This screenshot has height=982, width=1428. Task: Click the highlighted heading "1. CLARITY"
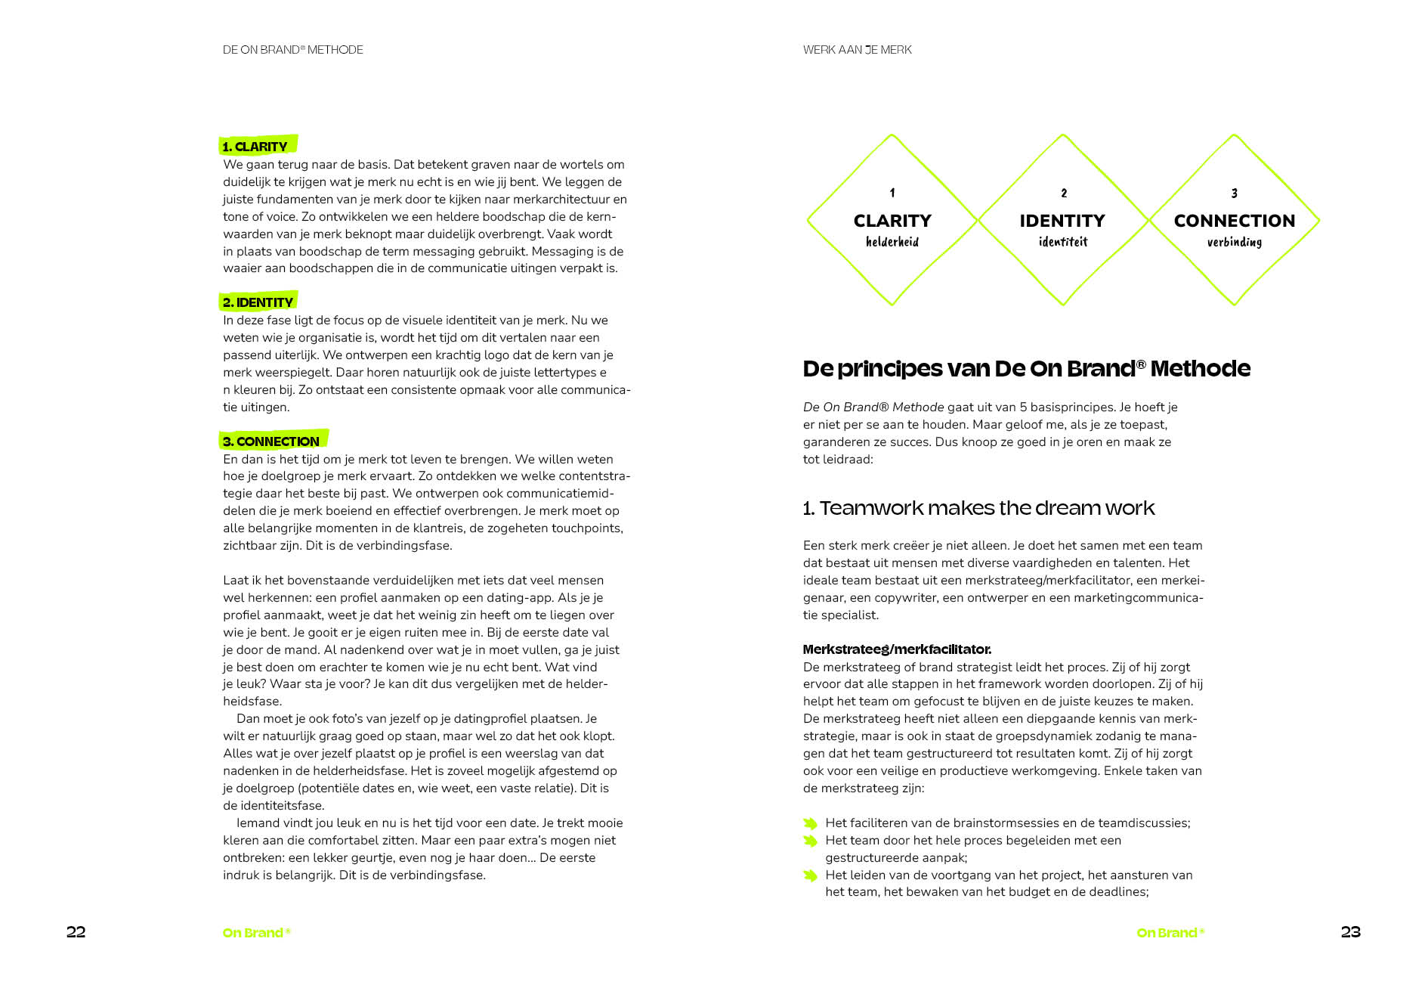[x=255, y=146]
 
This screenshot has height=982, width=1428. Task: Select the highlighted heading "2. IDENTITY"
[x=258, y=302]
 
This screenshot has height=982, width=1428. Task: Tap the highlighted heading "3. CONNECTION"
[x=271, y=441]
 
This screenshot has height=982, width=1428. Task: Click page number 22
[x=76, y=931]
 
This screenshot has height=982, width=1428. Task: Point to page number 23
[x=1350, y=931]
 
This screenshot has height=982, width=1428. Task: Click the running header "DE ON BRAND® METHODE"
[x=292, y=50]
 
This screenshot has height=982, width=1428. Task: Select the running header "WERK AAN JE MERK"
[x=857, y=50]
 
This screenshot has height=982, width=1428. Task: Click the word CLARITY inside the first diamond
[x=892, y=221]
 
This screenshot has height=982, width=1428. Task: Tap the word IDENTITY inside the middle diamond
[x=1062, y=221]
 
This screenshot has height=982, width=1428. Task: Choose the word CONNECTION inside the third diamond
[x=1234, y=221]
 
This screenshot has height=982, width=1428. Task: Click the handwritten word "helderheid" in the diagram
[x=892, y=242]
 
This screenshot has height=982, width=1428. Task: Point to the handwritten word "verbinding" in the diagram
[x=1234, y=242]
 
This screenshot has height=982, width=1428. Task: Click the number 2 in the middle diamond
[x=1064, y=194]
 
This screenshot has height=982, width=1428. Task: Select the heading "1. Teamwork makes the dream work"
[x=978, y=508]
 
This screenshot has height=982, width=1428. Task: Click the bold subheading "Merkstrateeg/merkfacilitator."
[x=897, y=649]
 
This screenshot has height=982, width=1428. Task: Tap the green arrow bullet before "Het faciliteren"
[x=810, y=823]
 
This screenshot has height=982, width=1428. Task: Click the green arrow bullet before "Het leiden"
[x=810, y=875]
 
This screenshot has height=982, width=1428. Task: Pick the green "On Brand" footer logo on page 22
[x=256, y=933]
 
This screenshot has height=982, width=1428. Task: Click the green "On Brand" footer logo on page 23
[x=1170, y=933]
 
